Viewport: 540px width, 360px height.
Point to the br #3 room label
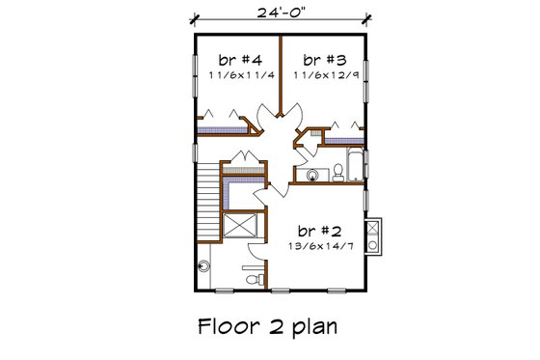point(325,56)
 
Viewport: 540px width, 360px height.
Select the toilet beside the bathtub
point(339,171)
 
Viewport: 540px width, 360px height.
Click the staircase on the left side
point(207,197)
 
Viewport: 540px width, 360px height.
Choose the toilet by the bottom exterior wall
point(254,278)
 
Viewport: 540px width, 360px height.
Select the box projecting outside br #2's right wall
point(376,233)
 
